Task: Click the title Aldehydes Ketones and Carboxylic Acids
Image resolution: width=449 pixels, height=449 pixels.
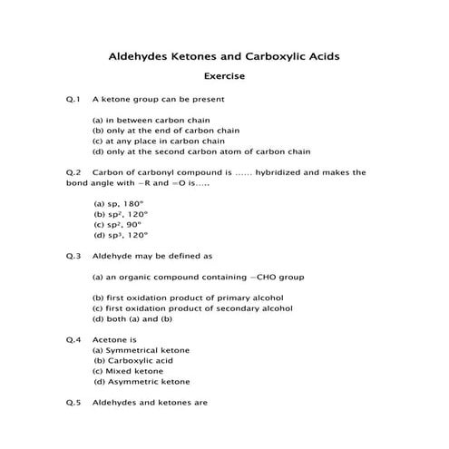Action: (x=224, y=56)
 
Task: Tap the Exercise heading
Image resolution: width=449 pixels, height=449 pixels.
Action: (x=224, y=77)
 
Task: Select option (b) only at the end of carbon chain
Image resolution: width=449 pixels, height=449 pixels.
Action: (x=168, y=131)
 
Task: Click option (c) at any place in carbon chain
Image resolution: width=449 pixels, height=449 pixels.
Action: (x=159, y=142)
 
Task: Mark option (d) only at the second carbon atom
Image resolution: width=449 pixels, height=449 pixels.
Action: (x=201, y=151)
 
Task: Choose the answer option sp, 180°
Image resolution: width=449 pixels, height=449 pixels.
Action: (x=124, y=203)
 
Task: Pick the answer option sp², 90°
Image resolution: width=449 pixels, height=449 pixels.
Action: (x=123, y=224)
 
